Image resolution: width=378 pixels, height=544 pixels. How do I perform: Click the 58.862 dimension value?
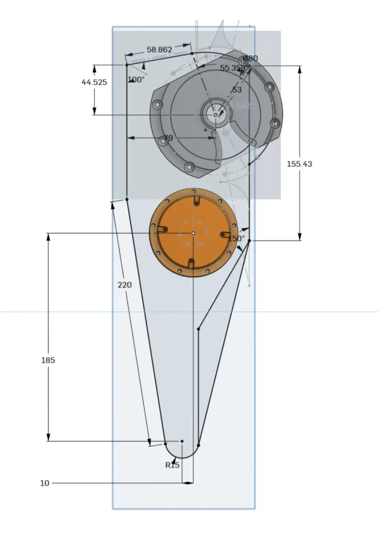click(x=159, y=50)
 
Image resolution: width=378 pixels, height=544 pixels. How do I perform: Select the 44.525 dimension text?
click(x=94, y=82)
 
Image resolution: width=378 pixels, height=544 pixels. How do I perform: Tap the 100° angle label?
click(x=136, y=80)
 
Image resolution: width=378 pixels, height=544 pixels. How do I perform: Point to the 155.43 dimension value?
click(x=299, y=164)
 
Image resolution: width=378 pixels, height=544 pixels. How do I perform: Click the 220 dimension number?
click(x=125, y=285)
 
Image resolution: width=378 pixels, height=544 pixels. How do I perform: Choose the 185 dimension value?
click(x=48, y=360)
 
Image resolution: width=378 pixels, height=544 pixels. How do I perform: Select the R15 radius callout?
click(x=172, y=465)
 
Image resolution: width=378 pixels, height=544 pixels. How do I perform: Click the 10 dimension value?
click(x=45, y=483)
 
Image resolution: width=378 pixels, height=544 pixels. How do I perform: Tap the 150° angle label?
click(x=236, y=238)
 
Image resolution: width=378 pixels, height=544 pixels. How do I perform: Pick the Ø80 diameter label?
click(x=251, y=58)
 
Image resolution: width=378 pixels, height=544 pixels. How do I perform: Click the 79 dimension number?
click(x=168, y=138)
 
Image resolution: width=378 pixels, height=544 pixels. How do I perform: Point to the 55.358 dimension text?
click(x=232, y=68)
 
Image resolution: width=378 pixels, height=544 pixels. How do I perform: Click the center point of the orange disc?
click(x=193, y=233)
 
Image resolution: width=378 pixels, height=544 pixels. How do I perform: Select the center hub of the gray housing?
click(x=215, y=115)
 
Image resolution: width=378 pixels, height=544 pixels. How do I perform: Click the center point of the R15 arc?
click(x=182, y=441)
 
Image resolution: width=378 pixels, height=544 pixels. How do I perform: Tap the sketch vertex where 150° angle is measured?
click(x=249, y=241)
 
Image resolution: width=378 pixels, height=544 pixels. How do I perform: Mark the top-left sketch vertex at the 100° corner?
click(x=126, y=65)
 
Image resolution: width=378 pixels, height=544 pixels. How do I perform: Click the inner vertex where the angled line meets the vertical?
click(x=198, y=329)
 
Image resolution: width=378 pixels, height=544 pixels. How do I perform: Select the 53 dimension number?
click(x=237, y=90)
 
